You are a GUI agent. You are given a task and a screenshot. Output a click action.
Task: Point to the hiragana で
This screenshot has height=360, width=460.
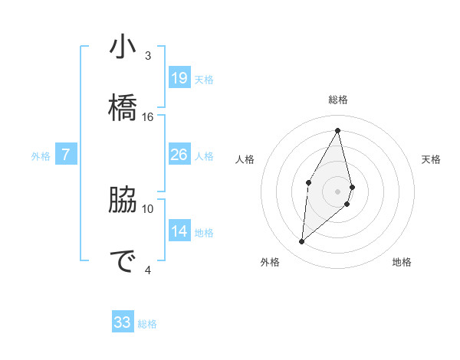click(123, 262)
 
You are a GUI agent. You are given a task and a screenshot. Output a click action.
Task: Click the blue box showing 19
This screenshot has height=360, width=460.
click(179, 77)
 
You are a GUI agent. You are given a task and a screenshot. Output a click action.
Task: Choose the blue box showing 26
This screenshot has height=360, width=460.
click(179, 155)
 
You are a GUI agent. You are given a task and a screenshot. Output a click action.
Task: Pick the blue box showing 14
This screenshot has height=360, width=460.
click(179, 231)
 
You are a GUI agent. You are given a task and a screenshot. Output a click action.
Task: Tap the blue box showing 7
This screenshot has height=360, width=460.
click(66, 155)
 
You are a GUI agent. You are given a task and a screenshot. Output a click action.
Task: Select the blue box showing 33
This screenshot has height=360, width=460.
click(123, 322)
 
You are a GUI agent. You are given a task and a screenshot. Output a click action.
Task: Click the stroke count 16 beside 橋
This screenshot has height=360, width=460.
click(148, 117)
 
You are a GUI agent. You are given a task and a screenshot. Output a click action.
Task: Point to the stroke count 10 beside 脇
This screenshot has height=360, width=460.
click(148, 208)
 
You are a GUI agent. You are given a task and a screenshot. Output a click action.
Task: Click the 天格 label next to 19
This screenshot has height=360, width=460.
click(204, 79)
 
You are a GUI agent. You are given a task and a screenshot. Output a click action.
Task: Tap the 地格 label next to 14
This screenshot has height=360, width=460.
click(204, 232)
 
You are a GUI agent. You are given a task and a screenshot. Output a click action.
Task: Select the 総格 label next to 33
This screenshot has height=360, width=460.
click(147, 324)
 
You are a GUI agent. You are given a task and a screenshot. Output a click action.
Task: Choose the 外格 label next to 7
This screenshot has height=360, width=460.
click(41, 156)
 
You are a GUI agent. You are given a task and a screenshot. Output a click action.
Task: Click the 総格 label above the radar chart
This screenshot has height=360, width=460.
click(338, 100)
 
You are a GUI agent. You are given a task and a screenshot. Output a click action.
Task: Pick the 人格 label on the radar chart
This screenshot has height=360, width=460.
click(245, 159)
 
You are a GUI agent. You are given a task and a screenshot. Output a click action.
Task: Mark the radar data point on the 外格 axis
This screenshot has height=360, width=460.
click(302, 242)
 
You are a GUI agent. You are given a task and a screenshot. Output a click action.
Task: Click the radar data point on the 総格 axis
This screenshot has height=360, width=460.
click(338, 130)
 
